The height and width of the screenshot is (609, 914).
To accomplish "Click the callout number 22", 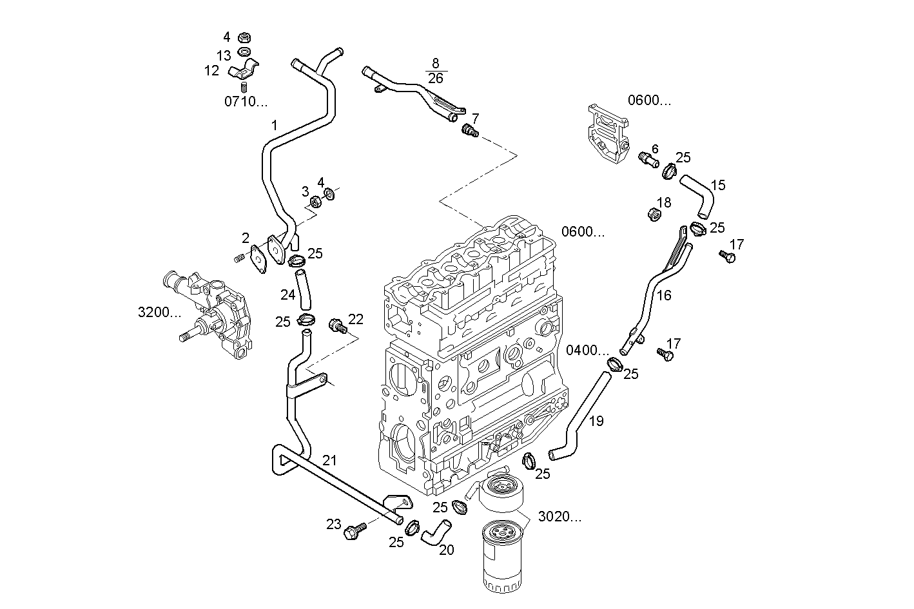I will (356, 318).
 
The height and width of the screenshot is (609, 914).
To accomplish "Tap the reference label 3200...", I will (159, 313).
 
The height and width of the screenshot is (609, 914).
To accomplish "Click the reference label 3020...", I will (559, 517).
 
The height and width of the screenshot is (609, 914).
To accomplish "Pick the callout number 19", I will (596, 421).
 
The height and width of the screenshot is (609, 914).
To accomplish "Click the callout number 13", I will (223, 54).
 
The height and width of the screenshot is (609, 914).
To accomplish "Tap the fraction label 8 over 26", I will (436, 70).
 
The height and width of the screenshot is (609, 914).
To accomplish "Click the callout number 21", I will (329, 460).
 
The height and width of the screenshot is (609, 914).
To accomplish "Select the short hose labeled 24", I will (304, 289).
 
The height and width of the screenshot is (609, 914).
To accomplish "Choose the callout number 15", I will (718, 185).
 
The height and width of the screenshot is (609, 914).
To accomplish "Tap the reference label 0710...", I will (245, 101).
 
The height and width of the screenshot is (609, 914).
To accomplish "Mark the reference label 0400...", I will (587, 350).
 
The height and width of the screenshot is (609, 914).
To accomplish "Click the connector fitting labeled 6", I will (648, 159).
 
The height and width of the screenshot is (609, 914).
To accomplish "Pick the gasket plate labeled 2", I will (260, 257).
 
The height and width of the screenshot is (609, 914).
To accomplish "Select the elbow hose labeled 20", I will (436, 532).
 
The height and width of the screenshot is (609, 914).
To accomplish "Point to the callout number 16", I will (664, 295).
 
